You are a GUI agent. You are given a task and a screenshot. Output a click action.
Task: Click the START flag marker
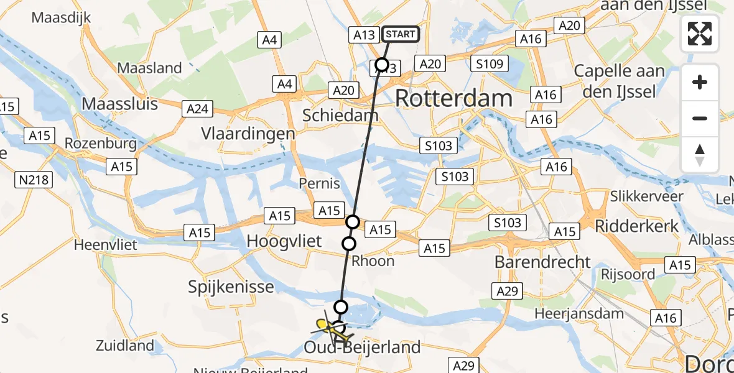(x=400, y=34)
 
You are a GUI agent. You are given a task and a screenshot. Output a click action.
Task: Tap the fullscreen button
(x=700, y=34)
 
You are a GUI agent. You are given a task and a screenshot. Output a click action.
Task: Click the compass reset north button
(x=700, y=155)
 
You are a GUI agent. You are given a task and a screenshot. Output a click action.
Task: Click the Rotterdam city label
(x=453, y=98)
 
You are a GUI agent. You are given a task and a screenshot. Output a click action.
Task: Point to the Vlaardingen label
(x=248, y=134)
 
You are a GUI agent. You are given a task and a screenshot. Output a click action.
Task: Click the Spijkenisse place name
(x=231, y=287)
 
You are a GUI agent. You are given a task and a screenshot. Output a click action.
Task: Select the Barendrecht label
(x=542, y=262)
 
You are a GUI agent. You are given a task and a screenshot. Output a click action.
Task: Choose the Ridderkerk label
(x=637, y=226)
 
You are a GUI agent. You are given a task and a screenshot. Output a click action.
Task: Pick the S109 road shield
(x=490, y=63)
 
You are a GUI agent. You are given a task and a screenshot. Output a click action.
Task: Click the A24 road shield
(x=197, y=110)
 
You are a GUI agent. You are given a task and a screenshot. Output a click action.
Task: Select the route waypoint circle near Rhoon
(x=349, y=243)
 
